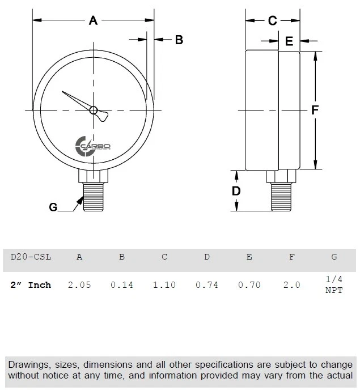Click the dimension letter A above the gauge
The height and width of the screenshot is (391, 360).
(94, 21)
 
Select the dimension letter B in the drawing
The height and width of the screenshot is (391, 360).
(178, 40)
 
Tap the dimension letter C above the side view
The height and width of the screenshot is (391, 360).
(272, 21)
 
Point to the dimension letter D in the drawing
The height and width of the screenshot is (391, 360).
(237, 191)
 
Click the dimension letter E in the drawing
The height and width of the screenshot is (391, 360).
(289, 41)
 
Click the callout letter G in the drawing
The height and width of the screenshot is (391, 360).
(53, 207)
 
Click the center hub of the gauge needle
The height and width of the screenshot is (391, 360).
(94, 110)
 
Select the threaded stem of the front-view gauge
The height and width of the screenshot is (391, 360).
(94, 195)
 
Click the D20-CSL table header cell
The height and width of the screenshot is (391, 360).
(31, 257)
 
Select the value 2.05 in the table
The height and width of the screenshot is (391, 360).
(79, 284)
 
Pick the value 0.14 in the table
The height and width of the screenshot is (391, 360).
(121, 284)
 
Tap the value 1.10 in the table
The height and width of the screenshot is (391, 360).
(164, 284)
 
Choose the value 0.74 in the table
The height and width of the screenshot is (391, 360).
(206, 284)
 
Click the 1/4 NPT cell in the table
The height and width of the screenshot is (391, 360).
(334, 284)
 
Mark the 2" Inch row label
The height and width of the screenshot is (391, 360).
(32, 284)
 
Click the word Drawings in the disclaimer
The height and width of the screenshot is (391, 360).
(29, 364)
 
